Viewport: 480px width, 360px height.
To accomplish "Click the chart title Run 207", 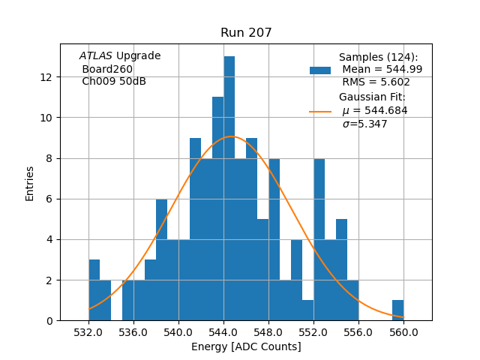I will point(246,33).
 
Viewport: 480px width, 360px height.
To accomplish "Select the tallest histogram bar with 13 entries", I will point(229,187).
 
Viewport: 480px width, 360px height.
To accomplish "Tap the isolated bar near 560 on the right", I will point(397,310).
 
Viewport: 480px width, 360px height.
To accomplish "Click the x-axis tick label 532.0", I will point(88,332).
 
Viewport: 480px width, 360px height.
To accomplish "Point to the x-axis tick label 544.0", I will point(223,332).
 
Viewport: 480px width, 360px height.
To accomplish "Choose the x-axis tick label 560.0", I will point(403,332).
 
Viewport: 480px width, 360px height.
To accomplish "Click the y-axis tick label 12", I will point(46,77).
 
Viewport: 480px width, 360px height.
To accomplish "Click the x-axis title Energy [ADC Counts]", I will point(246,346).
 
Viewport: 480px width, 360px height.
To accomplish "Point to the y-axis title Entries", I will point(30,183).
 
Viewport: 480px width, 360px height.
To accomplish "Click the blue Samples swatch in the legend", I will point(320,70).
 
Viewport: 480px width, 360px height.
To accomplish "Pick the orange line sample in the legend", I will point(320,111).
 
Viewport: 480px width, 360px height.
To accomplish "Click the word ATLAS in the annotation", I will point(96,56).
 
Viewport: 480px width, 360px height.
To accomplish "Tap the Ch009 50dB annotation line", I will point(114,81).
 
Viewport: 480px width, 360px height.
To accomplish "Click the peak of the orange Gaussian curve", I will point(231,136).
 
